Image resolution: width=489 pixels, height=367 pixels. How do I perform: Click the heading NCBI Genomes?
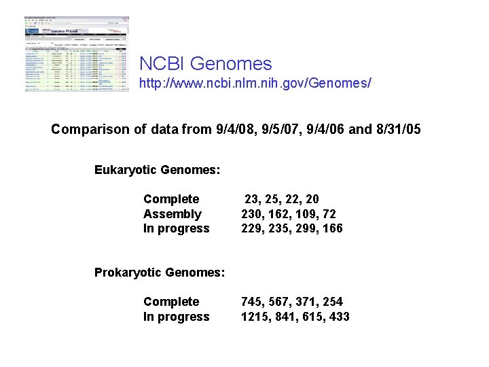205,64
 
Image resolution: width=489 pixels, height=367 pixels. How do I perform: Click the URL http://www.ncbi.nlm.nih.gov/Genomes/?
255,85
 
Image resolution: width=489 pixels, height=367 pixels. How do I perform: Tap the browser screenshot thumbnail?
75,56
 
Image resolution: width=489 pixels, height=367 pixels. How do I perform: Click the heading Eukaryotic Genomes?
157,169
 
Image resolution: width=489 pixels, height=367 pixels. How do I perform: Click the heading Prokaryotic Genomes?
159,273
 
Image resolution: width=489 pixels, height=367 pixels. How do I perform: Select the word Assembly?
173,214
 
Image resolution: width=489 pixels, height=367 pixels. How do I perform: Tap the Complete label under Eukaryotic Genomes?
171,199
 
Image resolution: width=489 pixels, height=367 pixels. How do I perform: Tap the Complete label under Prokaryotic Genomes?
171,302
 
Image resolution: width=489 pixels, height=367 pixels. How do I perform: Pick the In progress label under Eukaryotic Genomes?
176,229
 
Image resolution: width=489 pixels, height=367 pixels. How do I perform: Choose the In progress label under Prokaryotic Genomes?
176,317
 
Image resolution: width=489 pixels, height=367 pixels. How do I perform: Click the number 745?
253,302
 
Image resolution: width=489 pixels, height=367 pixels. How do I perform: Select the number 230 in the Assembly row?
253,214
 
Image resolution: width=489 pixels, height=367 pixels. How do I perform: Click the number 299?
306,229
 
